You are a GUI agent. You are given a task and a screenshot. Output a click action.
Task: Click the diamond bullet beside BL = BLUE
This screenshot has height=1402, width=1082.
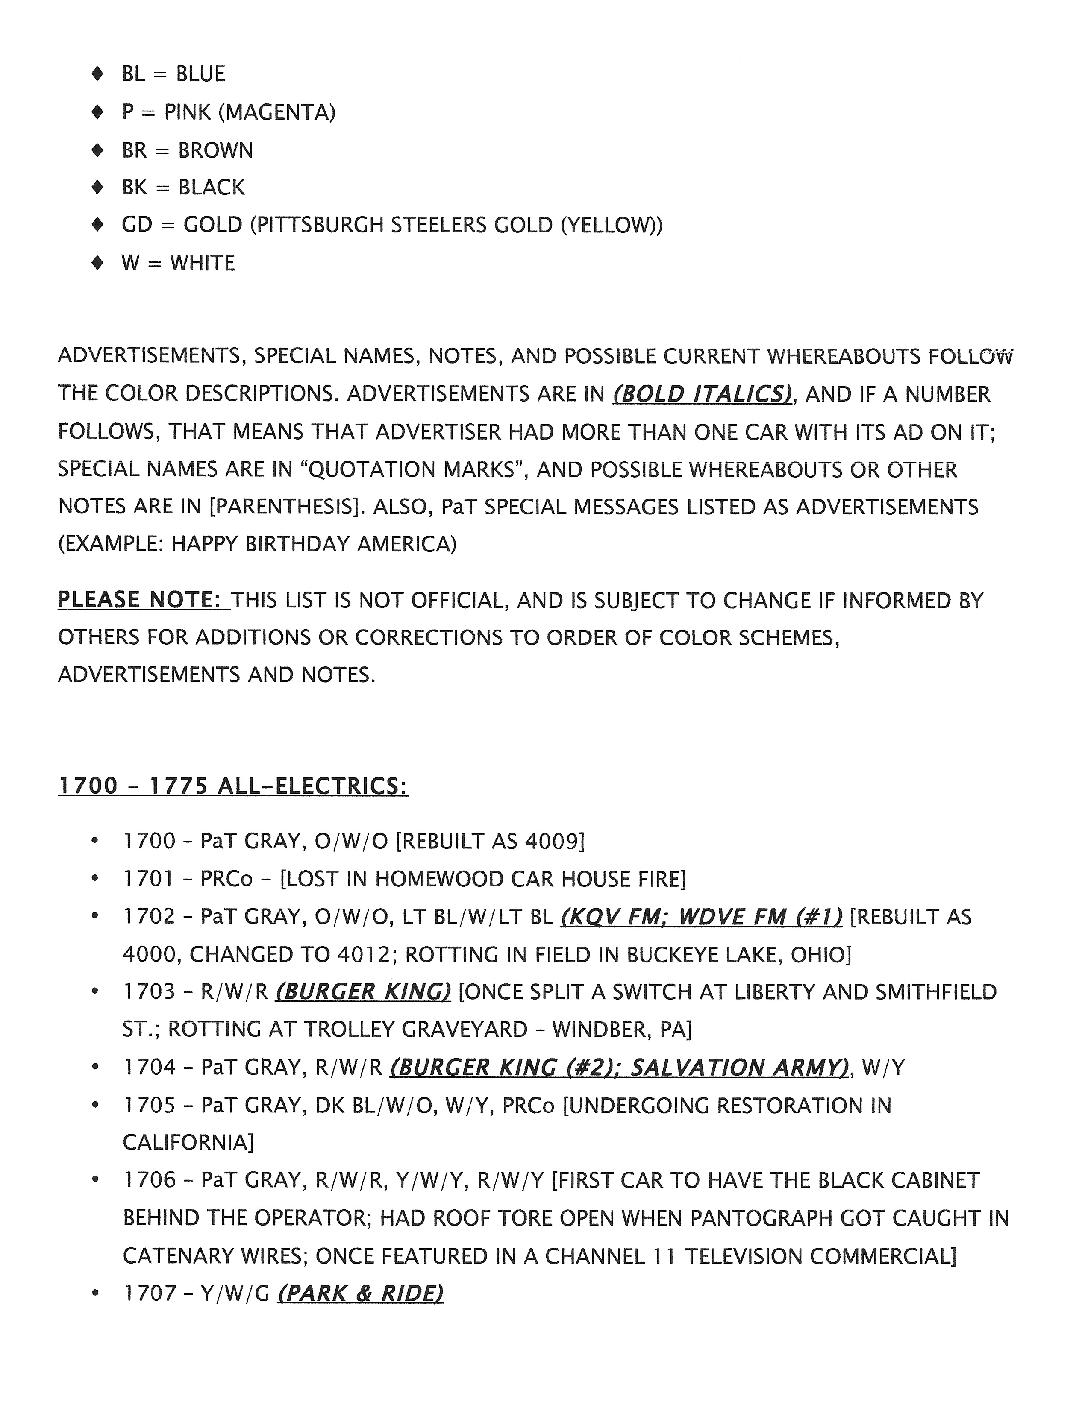(97, 74)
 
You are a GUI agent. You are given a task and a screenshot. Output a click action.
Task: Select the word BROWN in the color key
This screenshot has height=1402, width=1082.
(216, 150)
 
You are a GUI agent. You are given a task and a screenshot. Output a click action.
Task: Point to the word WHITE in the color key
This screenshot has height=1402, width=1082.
(202, 263)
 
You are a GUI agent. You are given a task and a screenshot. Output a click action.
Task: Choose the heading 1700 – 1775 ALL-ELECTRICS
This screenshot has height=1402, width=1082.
(232, 786)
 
